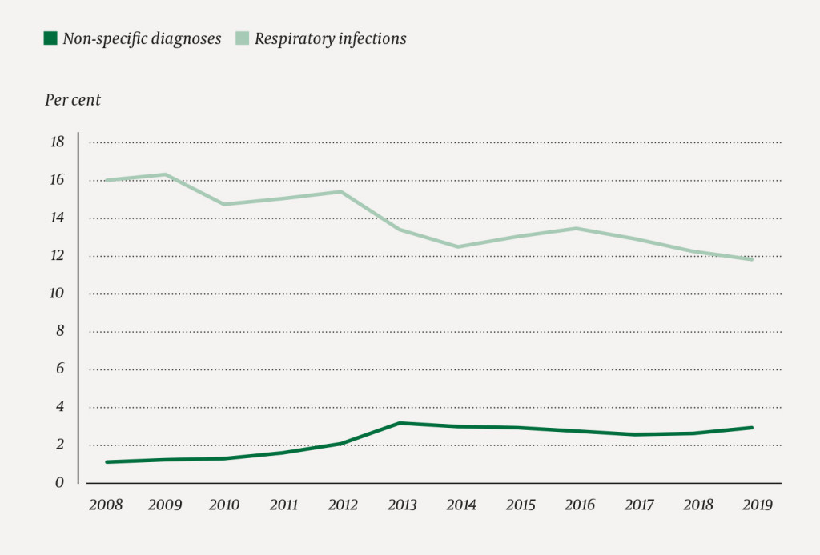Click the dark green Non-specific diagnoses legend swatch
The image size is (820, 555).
pos(50,38)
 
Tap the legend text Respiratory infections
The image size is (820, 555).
pos(330,38)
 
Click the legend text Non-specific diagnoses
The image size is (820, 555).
pos(142,38)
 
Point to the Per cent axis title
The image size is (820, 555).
pos(72,100)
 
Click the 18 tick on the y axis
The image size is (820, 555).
pos(57,142)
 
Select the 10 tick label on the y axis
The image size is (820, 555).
pos(57,293)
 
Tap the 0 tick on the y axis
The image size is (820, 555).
pos(59,483)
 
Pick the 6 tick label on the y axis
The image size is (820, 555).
pos(59,369)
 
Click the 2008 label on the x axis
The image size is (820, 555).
pos(106,505)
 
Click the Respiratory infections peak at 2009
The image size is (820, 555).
pos(165,174)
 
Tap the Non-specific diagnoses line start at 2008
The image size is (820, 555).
pos(107,462)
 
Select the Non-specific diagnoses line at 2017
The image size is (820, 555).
pos(635,434)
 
